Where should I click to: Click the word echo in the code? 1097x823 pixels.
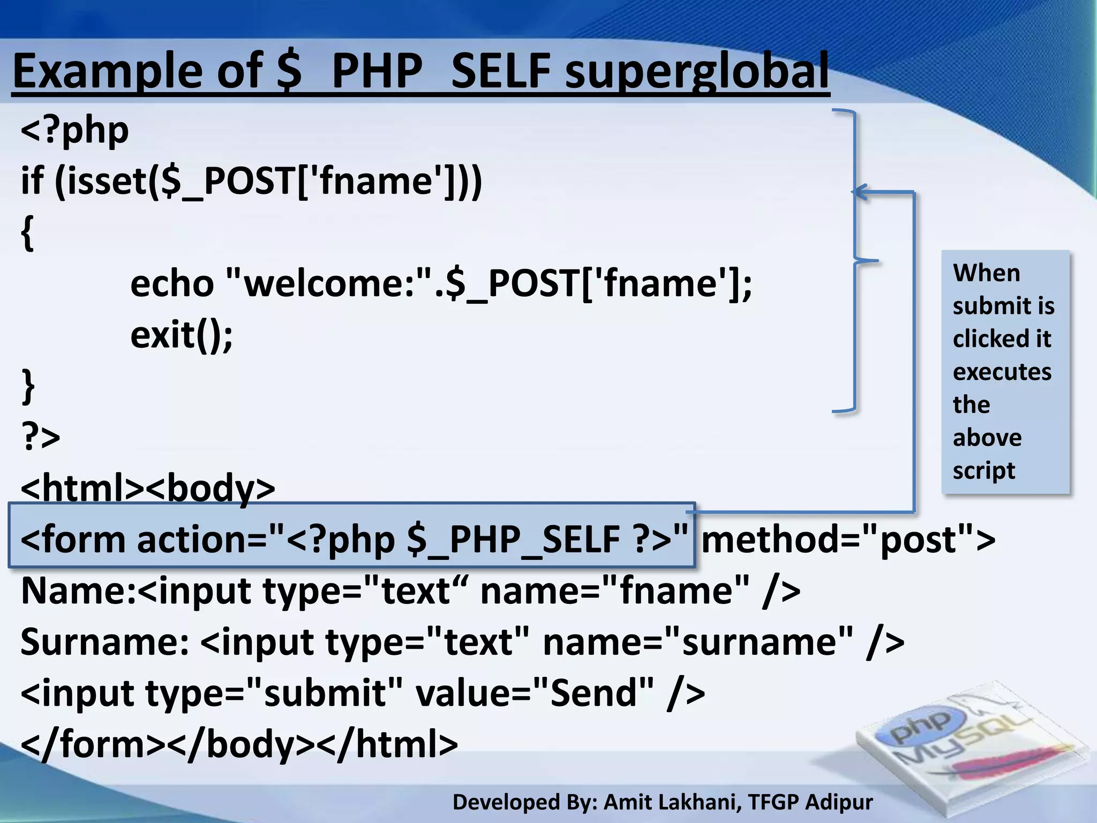point(172,283)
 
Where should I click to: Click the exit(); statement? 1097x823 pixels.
point(182,335)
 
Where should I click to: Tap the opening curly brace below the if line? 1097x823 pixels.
point(27,233)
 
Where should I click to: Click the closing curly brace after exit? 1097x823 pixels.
point(27,385)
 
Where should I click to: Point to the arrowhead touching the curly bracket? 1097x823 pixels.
point(860,192)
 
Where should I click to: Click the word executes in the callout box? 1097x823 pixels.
point(1002,372)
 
